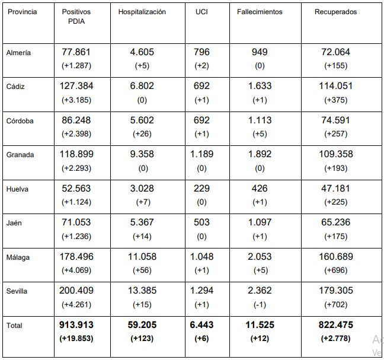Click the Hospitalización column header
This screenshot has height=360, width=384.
coord(142,12)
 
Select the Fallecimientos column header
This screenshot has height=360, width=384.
coord(260,12)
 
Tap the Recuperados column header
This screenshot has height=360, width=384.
coord(336,12)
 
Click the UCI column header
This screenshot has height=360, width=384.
coord(201,12)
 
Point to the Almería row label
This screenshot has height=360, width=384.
coord(18,53)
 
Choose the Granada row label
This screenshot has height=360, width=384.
coord(20,155)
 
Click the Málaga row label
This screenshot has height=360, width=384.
coord(18,257)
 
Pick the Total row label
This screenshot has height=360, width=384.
coord(14,326)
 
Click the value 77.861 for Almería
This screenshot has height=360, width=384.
coord(76,52)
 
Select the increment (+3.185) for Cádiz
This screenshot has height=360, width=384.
coord(76,100)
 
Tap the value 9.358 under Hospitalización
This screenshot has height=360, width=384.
coord(142,154)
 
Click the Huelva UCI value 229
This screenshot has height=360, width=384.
coord(201,188)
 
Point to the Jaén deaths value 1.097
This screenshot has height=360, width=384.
coord(260,222)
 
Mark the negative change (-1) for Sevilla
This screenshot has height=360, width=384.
coord(260,305)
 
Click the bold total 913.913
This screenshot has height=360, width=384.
coord(76,324)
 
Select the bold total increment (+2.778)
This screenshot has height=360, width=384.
coord(336,339)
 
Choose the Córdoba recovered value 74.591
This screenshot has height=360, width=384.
coord(336,120)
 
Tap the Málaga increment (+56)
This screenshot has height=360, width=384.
coord(142,270)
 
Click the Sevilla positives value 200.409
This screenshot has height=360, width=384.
coord(76,291)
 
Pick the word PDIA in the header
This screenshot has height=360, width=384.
coord(76,21)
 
